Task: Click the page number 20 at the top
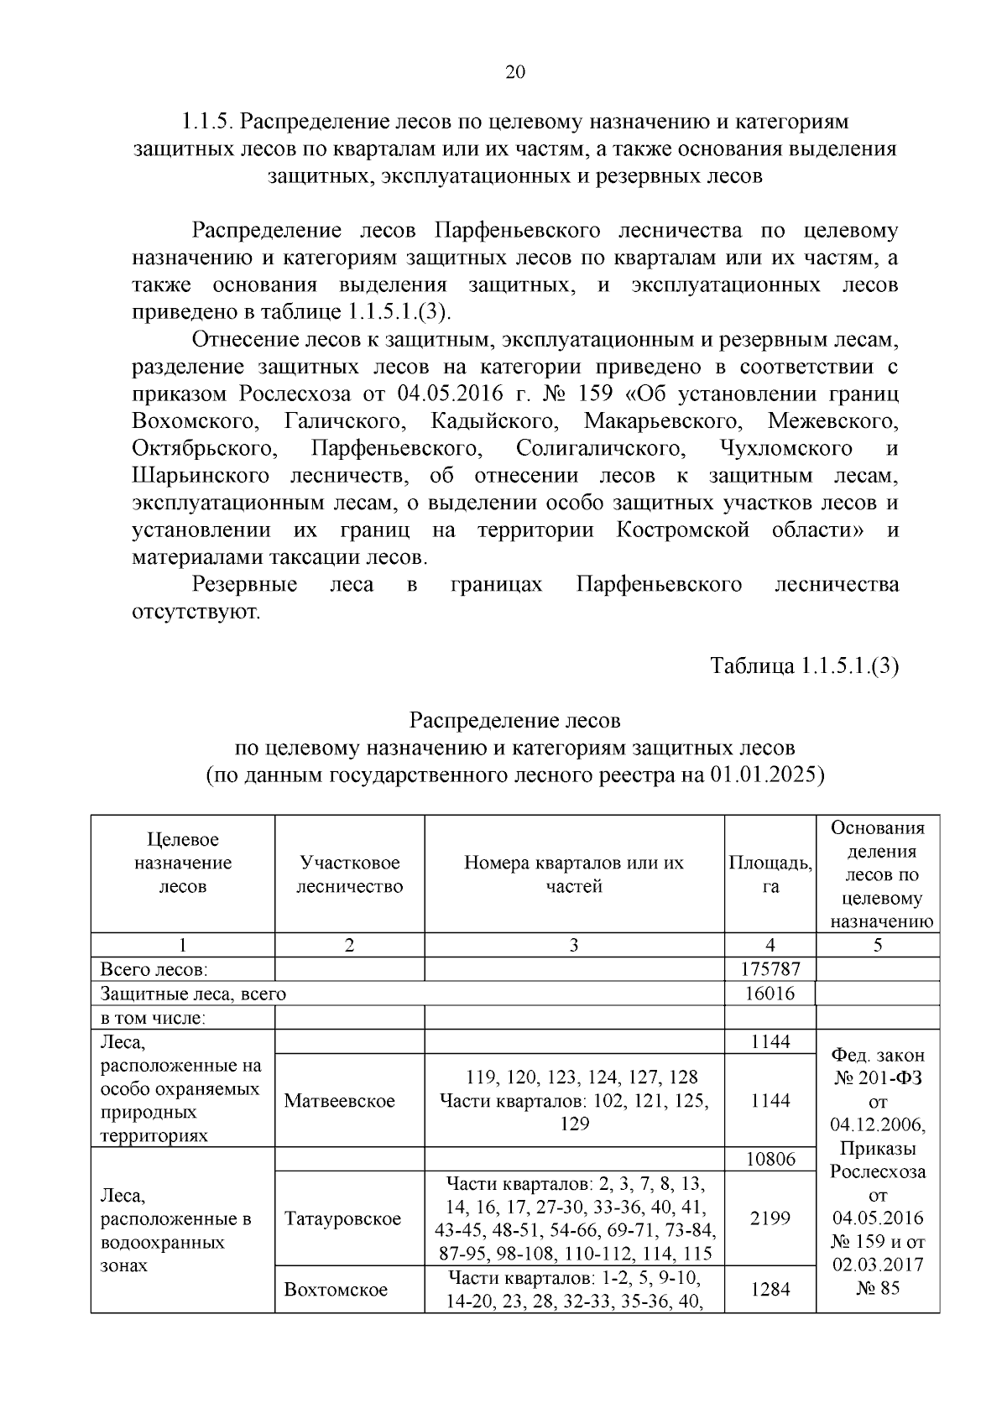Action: click(x=514, y=72)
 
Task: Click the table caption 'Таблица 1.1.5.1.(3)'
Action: click(x=804, y=665)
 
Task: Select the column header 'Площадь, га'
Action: click(x=770, y=874)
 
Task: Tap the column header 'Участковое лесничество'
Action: click(x=349, y=874)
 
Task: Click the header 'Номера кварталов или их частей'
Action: click(x=574, y=874)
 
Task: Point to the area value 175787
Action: click(x=770, y=968)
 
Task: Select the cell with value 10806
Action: click(x=770, y=1159)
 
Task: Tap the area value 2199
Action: click(x=770, y=1218)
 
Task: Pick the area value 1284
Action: click(x=770, y=1288)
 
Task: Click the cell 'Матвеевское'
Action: click(x=339, y=1100)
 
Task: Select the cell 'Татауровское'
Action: click(x=342, y=1218)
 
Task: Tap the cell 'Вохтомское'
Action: click(x=336, y=1288)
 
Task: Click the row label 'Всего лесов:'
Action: click(x=154, y=969)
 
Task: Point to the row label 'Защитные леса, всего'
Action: click(x=193, y=994)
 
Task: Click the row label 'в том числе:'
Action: click(x=153, y=1018)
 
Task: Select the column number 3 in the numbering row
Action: click(x=574, y=945)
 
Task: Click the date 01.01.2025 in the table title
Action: click(x=763, y=775)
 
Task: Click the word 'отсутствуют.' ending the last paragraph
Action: click(x=196, y=612)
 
